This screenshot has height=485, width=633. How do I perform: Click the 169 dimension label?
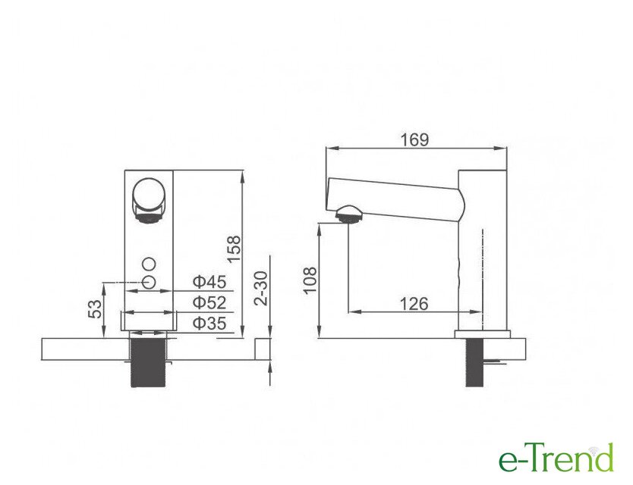click(x=414, y=139)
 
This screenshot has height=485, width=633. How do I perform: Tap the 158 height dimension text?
click(x=234, y=249)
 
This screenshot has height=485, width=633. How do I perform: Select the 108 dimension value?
click(x=310, y=280)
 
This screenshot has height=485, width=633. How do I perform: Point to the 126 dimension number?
click(x=414, y=303)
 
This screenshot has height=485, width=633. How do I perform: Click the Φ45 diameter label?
click(x=209, y=281)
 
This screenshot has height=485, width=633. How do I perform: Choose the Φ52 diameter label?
click(x=209, y=302)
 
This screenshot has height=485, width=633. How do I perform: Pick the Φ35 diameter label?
click(x=209, y=324)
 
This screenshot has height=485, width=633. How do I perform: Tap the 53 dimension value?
click(x=96, y=309)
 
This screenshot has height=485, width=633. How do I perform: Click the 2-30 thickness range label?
click(x=262, y=289)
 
